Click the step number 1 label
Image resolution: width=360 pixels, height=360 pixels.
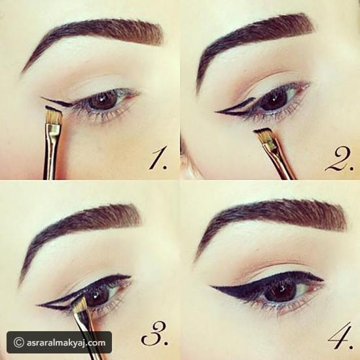click(x=157, y=159)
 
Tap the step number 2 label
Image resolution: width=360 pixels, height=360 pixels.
click(x=339, y=159)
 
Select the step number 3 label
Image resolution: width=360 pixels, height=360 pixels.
click(x=154, y=335)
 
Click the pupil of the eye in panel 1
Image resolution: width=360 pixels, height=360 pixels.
click(x=101, y=102)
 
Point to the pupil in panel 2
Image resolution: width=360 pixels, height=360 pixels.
click(x=274, y=100)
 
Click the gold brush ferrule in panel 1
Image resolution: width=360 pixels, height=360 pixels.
click(x=54, y=132)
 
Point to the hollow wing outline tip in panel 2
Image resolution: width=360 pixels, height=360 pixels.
click(x=217, y=112)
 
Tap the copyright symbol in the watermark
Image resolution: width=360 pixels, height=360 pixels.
click(x=19, y=343)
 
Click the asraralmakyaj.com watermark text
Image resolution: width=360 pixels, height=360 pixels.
click(x=66, y=343)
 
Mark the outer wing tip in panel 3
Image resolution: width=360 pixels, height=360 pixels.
click(x=38, y=305)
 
